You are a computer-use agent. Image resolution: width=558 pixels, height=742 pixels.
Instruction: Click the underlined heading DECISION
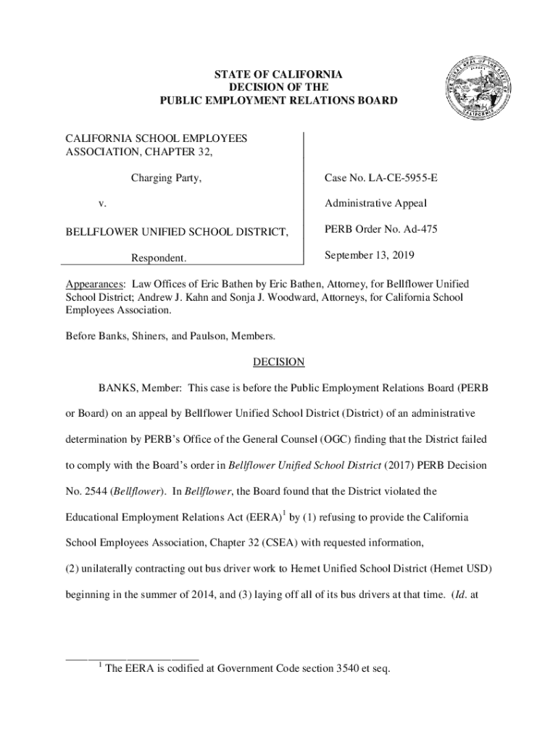point(278,362)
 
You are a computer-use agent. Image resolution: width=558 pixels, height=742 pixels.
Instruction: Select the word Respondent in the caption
point(158,258)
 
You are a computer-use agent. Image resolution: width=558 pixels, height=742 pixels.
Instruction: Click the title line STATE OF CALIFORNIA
point(278,75)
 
